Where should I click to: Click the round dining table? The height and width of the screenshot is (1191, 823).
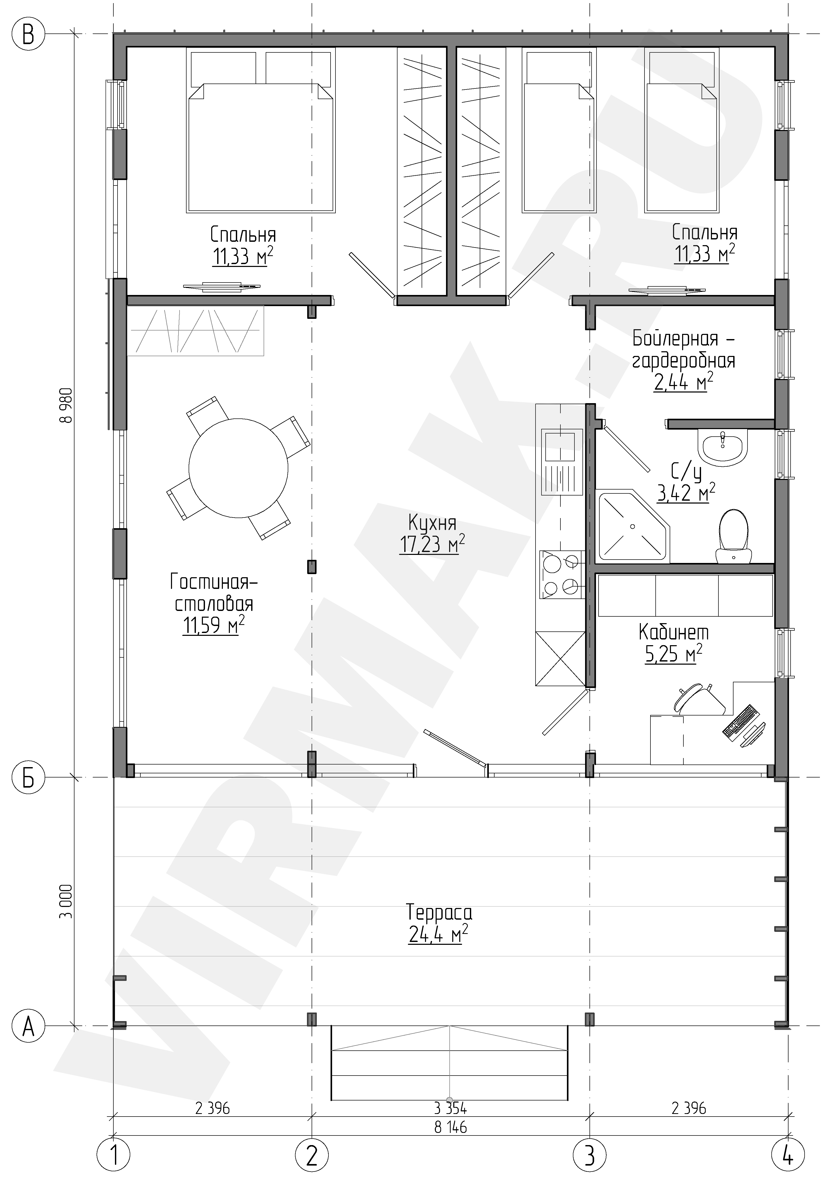coord(238,468)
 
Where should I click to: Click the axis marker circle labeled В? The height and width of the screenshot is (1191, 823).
coord(28,35)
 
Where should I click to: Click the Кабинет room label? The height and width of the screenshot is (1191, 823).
coord(674,632)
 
